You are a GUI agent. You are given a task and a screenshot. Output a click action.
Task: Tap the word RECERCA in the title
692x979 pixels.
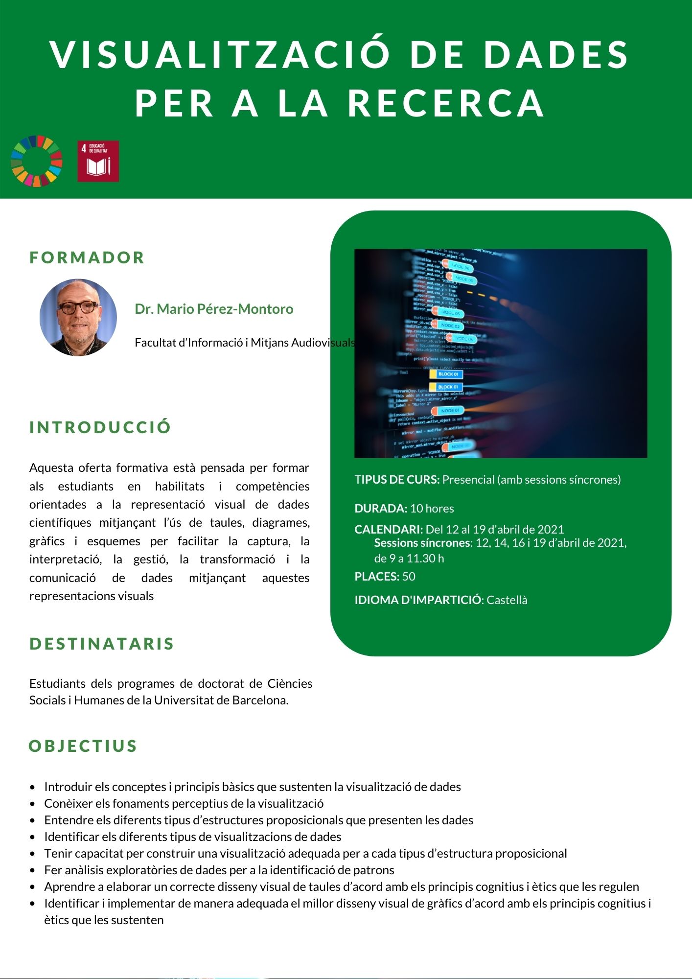(x=446, y=103)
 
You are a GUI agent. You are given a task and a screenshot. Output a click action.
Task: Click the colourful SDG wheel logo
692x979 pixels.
(x=37, y=161)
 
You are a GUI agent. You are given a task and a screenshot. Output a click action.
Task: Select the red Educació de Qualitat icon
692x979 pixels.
(x=98, y=161)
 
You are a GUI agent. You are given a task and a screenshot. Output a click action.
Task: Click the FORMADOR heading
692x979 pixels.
(x=87, y=257)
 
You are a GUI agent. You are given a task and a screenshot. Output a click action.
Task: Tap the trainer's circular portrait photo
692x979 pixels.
(x=78, y=317)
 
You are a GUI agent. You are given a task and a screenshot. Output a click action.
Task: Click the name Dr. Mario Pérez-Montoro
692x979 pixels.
(x=214, y=309)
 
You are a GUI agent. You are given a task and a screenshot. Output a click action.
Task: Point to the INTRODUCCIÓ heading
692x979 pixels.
(x=100, y=427)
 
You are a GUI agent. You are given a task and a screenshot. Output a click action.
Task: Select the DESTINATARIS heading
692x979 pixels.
(x=102, y=644)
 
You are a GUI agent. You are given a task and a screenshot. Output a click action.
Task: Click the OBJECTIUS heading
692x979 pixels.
(x=83, y=746)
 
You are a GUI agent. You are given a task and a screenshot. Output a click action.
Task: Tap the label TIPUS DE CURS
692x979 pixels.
(x=397, y=480)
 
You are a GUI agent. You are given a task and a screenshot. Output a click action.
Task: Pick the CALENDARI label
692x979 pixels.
(x=389, y=529)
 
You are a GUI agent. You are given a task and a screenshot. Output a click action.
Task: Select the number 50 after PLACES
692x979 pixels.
(x=409, y=577)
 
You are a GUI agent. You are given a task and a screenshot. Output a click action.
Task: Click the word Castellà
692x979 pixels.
(x=507, y=600)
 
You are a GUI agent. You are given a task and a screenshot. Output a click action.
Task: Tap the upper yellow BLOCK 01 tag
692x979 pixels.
(x=446, y=374)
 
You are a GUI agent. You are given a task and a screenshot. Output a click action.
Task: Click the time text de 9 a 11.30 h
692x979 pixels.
(x=409, y=559)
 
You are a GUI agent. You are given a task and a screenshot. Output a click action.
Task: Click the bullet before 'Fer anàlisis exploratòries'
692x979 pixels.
(x=33, y=870)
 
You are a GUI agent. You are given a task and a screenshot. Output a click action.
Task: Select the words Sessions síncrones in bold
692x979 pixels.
(x=422, y=543)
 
